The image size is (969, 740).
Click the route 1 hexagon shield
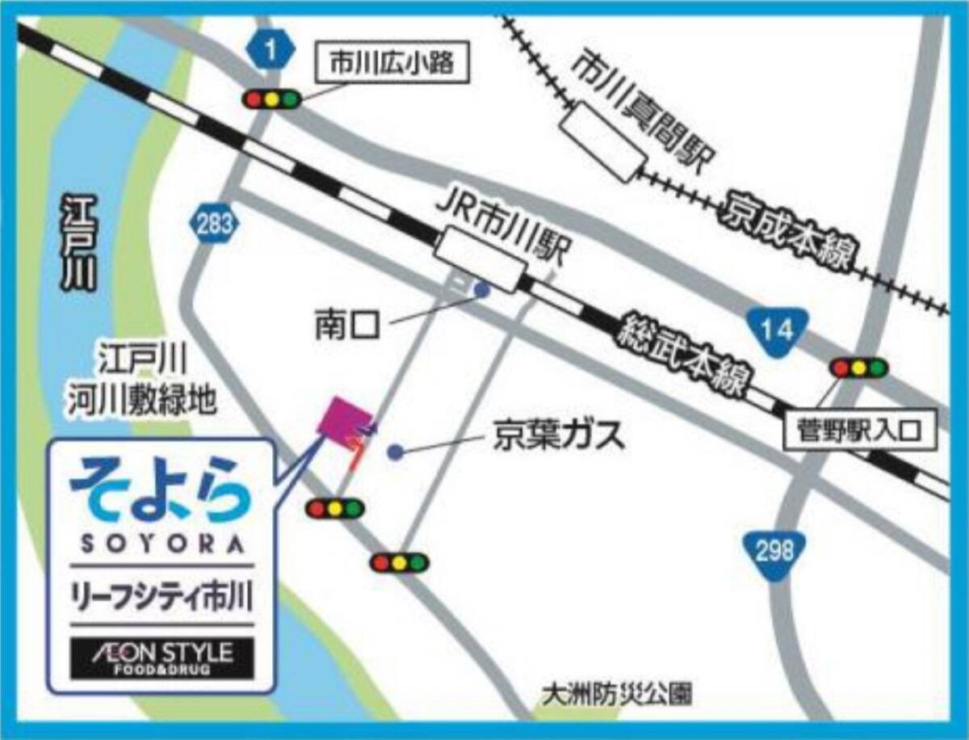pos(272,51)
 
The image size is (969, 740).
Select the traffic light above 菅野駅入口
pos(858,368)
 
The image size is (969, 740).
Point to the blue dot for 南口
pos(482,288)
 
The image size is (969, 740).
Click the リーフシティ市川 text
pos(162,599)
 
